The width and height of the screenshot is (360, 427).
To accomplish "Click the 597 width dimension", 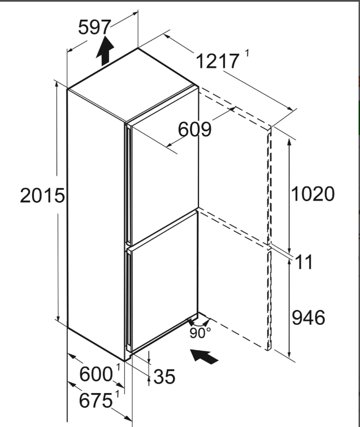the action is pyautogui.click(x=94, y=27).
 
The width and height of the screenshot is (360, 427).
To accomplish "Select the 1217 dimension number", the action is pyautogui.click(x=218, y=61).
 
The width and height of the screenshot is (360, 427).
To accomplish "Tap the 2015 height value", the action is pyautogui.click(x=42, y=195).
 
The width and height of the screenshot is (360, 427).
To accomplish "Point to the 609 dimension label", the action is pyautogui.click(x=194, y=129).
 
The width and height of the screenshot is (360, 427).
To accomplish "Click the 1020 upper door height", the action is pyautogui.click(x=313, y=194).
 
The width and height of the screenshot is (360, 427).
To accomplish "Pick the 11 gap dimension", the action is pyautogui.click(x=304, y=262).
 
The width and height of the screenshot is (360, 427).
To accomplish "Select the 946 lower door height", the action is pyautogui.click(x=309, y=317).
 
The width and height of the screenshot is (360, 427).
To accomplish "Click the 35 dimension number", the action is pyautogui.click(x=164, y=377).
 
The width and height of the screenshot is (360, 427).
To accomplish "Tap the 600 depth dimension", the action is pyautogui.click(x=96, y=374).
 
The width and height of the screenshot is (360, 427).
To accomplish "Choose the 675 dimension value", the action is pyautogui.click(x=96, y=400).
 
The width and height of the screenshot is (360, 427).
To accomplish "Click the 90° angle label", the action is pyautogui.click(x=200, y=333).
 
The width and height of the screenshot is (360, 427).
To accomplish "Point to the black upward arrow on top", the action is pyautogui.click(x=105, y=51).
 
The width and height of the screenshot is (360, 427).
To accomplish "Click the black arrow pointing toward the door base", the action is pyautogui.click(x=205, y=356).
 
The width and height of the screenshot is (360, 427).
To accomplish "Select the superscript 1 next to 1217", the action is pyautogui.click(x=247, y=53).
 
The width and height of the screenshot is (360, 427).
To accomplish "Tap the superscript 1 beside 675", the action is pyautogui.click(x=117, y=394).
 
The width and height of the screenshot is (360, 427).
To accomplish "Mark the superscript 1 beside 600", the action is pyautogui.click(x=118, y=367).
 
